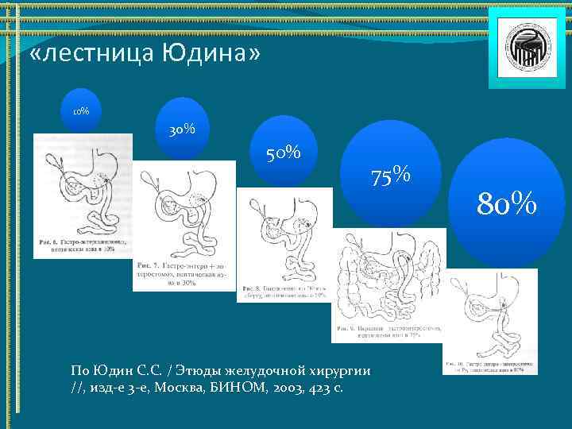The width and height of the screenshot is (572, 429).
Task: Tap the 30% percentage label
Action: pos(182,129)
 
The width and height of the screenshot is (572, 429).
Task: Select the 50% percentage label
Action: pos(283,151)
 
